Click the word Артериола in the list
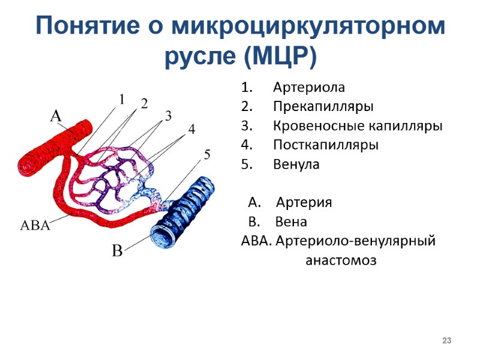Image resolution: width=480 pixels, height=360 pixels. pyautogui.click(x=309, y=88)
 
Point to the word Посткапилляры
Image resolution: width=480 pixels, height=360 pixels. pyautogui.click(x=326, y=145)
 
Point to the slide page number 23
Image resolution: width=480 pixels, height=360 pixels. pyautogui.click(x=446, y=341)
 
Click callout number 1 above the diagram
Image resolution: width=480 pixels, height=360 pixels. pyautogui.click(x=121, y=99)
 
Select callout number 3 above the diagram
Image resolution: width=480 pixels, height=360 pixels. pyautogui.click(x=169, y=116)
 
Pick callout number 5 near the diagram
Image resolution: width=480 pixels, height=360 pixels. pyautogui.click(x=207, y=154)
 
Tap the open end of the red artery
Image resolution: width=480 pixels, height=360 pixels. pyautogui.click(x=28, y=164)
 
